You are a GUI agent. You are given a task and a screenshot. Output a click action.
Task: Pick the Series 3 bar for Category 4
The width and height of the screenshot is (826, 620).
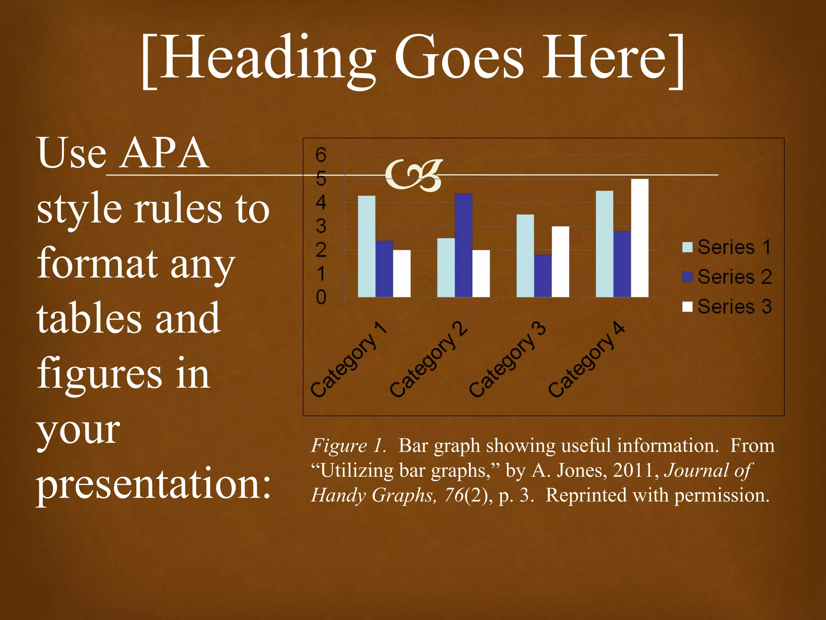click(640, 238)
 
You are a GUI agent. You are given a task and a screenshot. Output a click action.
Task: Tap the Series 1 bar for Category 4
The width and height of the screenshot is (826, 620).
click(605, 244)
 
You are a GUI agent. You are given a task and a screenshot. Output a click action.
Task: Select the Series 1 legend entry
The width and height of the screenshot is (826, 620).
click(726, 247)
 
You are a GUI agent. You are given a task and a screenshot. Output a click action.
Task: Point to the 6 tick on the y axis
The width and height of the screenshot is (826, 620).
click(321, 155)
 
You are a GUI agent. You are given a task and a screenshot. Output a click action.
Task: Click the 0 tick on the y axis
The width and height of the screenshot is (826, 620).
click(321, 297)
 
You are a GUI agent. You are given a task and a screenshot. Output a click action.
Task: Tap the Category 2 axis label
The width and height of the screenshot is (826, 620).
click(428, 359)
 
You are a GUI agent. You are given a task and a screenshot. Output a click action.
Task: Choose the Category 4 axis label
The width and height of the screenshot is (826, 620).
click(586, 359)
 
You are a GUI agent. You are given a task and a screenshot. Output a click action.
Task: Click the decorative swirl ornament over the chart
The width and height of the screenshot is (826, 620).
click(414, 175)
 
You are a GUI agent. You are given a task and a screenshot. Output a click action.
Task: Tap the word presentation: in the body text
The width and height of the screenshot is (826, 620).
click(154, 484)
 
